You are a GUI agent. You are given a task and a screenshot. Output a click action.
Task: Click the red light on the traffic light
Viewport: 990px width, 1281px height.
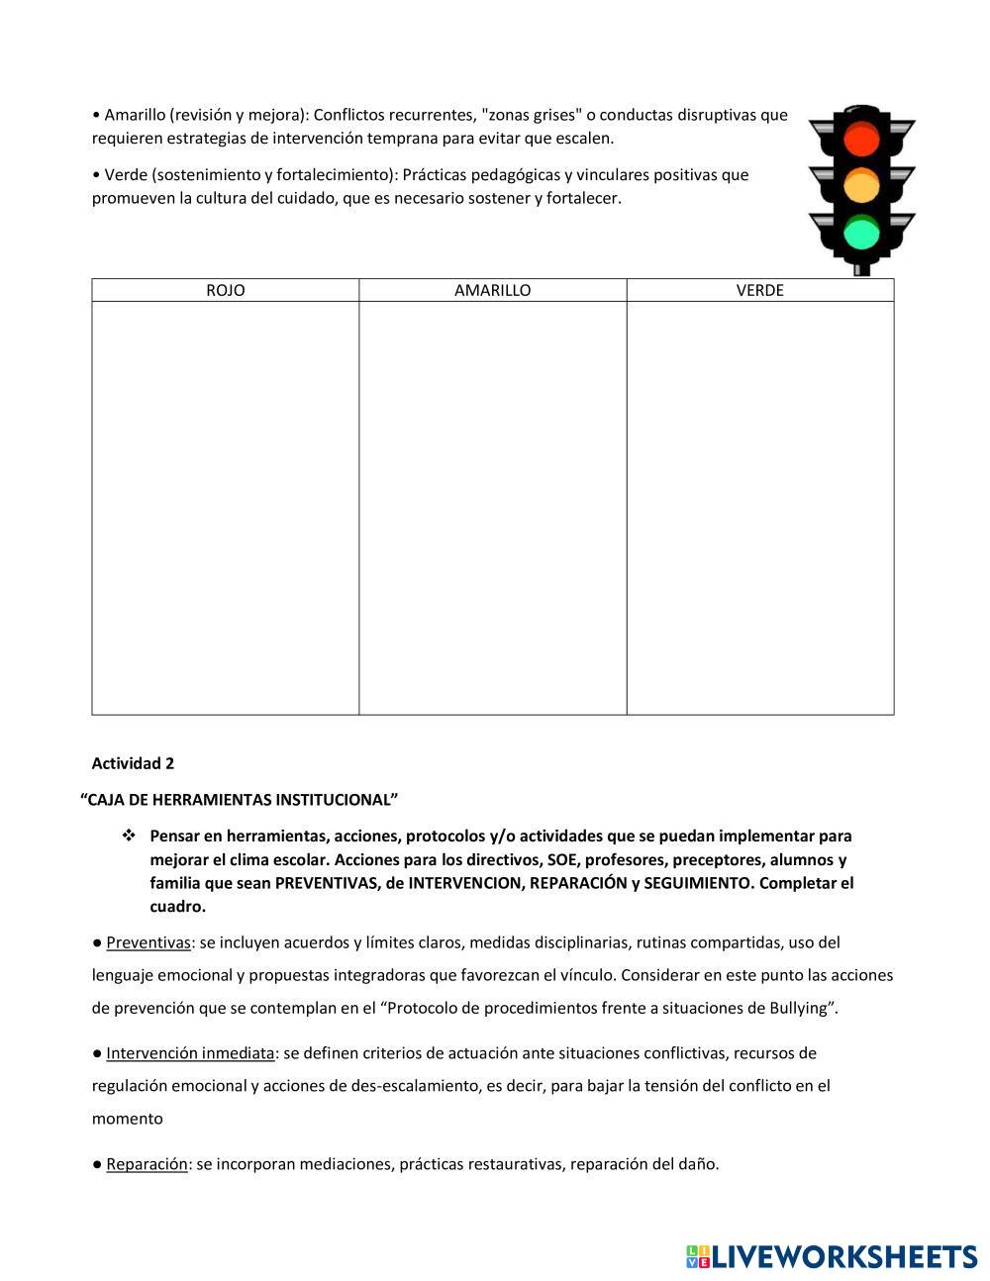[x=861, y=139]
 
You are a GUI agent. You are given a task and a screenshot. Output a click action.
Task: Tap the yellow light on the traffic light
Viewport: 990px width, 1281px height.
[x=861, y=186]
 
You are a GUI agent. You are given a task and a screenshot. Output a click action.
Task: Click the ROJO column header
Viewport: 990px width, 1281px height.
[x=226, y=290]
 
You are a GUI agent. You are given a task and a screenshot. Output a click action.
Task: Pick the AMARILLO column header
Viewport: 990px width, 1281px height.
[x=492, y=290]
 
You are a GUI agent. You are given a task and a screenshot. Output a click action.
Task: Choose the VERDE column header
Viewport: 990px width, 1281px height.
[x=759, y=290]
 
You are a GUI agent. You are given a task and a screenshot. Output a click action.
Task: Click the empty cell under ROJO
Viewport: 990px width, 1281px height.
[x=226, y=507]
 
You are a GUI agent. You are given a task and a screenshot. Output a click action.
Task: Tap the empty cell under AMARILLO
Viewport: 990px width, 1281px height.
[x=492, y=507]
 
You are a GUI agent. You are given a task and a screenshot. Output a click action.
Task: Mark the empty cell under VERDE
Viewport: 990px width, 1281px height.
[x=759, y=507]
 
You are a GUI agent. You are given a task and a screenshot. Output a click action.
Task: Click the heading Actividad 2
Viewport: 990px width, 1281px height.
[x=133, y=763]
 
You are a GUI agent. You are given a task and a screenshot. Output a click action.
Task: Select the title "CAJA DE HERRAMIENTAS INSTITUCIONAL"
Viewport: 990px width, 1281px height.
[x=239, y=799]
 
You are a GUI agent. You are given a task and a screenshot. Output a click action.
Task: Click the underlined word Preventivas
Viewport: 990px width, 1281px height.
[x=148, y=942]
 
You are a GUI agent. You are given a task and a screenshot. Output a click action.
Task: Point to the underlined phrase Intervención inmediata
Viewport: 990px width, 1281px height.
[x=190, y=1052]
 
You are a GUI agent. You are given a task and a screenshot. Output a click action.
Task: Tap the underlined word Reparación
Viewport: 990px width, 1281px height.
[x=147, y=1164]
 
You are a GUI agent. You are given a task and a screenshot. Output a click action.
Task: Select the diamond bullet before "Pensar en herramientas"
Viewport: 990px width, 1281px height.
[x=128, y=836]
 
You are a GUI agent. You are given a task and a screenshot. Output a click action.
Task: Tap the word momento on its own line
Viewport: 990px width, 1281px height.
[x=128, y=1119]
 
